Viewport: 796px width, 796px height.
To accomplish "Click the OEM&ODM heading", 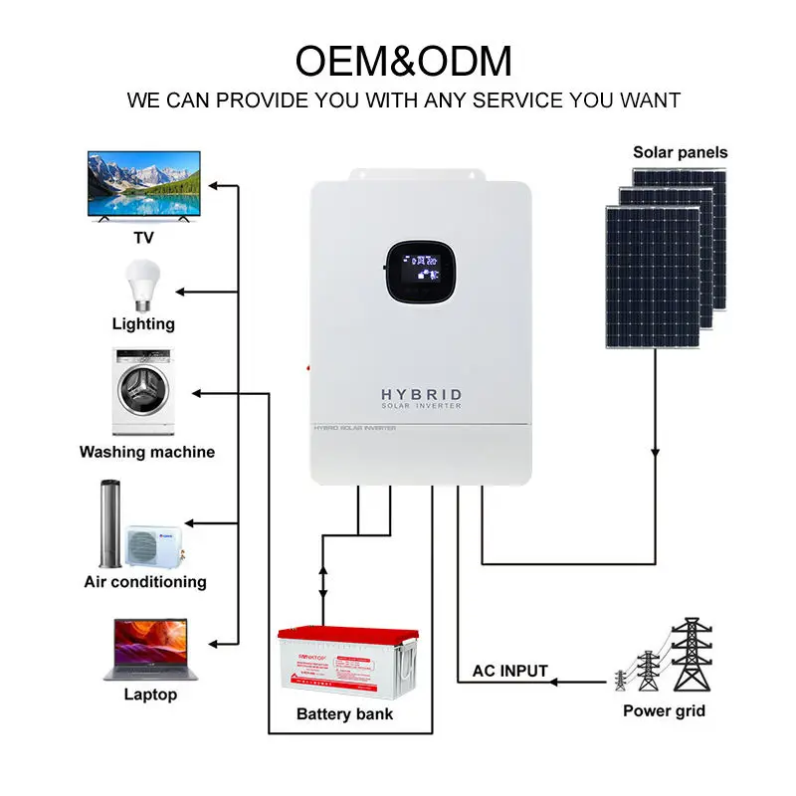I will [403, 61].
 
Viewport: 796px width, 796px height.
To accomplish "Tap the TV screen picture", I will [144, 185].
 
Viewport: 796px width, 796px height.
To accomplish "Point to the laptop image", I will [150, 648].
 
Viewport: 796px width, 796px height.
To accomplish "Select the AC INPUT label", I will [508, 670].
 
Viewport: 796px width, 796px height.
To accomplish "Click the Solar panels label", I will [680, 152].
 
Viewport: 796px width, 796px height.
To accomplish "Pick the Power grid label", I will [664, 710].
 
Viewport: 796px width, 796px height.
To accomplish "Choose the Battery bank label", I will [344, 713].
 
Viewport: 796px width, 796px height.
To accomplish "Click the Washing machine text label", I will [147, 452].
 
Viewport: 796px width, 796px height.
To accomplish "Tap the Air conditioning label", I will [145, 581].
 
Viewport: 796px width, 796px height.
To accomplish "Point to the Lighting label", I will [143, 323].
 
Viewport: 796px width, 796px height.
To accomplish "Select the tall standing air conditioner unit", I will [109, 523].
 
